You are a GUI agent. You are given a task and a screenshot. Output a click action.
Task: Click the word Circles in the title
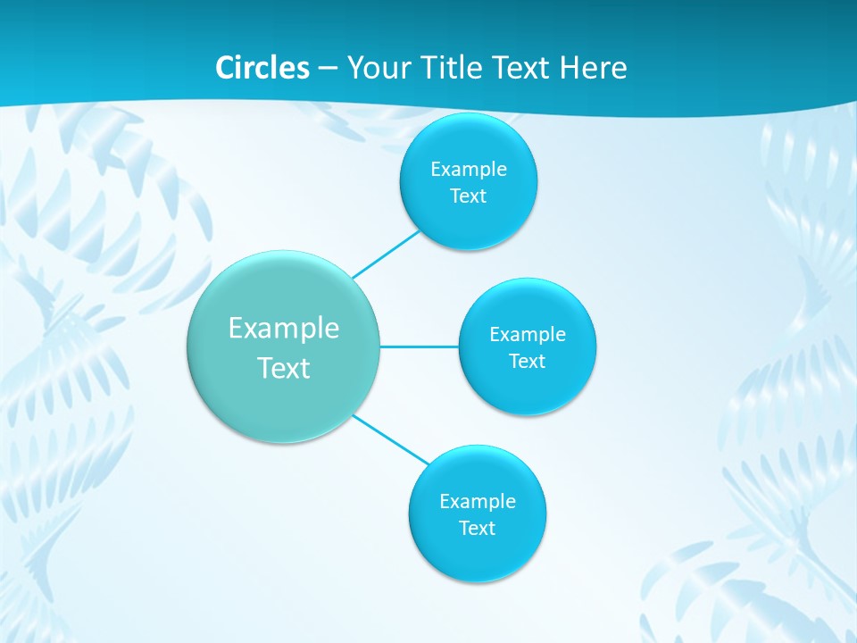point(262,68)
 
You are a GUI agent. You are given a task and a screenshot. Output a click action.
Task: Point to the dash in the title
point(328,69)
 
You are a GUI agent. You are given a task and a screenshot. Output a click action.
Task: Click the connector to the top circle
point(387,254)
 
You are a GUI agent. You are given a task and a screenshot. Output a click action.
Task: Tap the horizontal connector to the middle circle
point(420,347)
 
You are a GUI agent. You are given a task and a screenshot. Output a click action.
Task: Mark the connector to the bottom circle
point(391,439)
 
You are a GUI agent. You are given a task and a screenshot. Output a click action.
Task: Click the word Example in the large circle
point(284,329)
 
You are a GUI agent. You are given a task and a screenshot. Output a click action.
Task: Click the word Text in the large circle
point(284,368)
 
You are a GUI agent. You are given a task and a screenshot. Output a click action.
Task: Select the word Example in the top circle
point(469,170)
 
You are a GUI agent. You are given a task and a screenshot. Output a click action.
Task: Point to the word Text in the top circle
point(469,196)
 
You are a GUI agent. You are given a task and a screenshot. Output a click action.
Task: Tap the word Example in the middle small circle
point(528,335)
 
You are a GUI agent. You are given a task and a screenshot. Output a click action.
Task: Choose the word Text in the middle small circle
point(528,362)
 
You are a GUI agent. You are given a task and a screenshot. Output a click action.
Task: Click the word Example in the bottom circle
point(478,502)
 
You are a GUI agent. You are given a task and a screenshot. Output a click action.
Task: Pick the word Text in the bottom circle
point(478,529)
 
